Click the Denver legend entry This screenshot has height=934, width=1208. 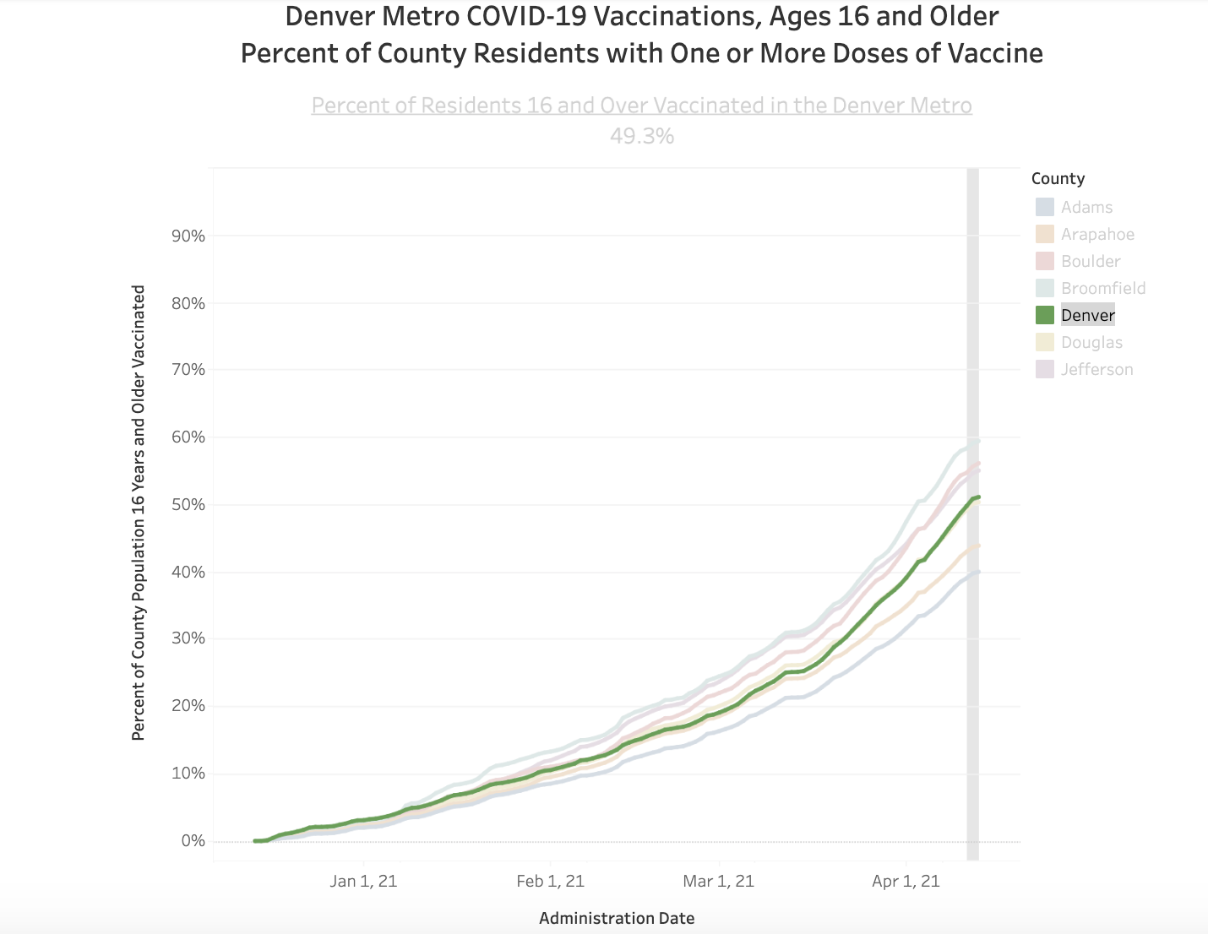[x=1087, y=315]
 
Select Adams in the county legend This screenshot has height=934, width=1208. [x=1086, y=207]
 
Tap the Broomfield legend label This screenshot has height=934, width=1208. [x=1103, y=288]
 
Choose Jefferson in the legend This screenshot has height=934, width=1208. [x=1096, y=369]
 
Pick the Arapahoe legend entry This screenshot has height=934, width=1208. [x=1097, y=234]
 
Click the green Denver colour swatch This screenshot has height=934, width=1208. [x=1045, y=315]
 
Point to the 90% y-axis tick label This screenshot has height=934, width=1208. [x=188, y=236]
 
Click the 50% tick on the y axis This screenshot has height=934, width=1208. [x=188, y=505]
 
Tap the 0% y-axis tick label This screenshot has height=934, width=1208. [x=193, y=841]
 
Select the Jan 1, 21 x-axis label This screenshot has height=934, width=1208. [x=363, y=882]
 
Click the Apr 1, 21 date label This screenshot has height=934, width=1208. [x=906, y=882]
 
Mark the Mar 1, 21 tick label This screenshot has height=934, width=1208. [x=718, y=882]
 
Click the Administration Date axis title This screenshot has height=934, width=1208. [x=617, y=918]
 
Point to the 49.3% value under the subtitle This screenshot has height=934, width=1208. [x=642, y=136]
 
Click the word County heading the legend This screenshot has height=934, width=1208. [x=1058, y=178]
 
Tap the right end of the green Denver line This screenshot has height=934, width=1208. [x=977, y=497]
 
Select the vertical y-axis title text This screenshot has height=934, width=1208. [x=139, y=513]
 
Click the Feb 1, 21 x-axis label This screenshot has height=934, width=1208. [x=550, y=882]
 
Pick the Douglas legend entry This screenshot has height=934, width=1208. [x=1091, y=342]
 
